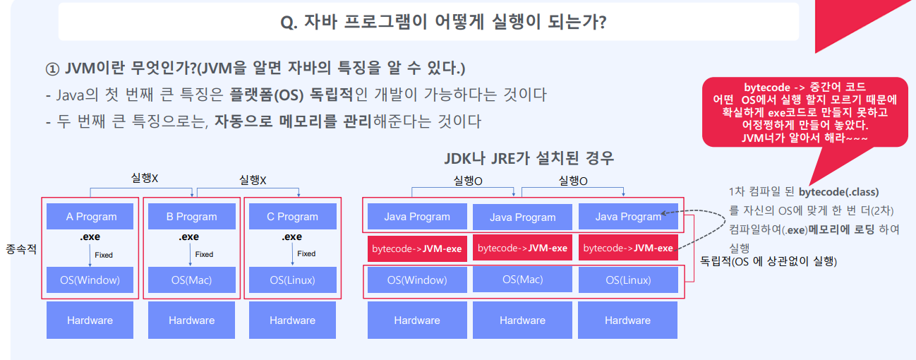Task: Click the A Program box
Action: click(91, 216)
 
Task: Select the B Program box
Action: click(191, 216)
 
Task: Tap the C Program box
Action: click(292, 216)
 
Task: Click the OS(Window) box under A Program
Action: click(90, 280)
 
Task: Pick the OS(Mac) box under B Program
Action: click(191, 280)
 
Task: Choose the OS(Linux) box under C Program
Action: click(292, 280)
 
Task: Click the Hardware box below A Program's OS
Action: click(90, 320)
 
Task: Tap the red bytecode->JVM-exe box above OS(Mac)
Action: click(522, 248)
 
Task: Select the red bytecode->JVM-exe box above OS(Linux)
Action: click(627, 248)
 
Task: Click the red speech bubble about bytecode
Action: click(804, 112)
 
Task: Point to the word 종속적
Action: click(21, 250)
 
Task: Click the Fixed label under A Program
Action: click(104, 255)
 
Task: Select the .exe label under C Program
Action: click(291, 237)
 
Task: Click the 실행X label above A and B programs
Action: click(145, 178)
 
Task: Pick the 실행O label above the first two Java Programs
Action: click(468, 181)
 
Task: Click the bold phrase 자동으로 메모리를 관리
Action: click(293, 121)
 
